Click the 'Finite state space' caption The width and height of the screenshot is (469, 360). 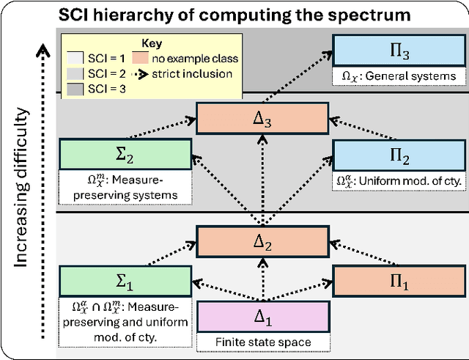(x=262, y=342)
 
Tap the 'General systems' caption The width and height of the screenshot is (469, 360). (x=396, y=75)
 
